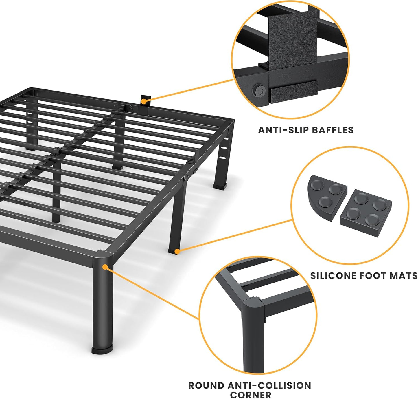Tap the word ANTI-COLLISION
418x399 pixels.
coord(269,386)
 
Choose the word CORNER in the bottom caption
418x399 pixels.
coord(251,395)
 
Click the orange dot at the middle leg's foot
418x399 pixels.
coord(177,252)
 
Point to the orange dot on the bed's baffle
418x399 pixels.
coord(144,101)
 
